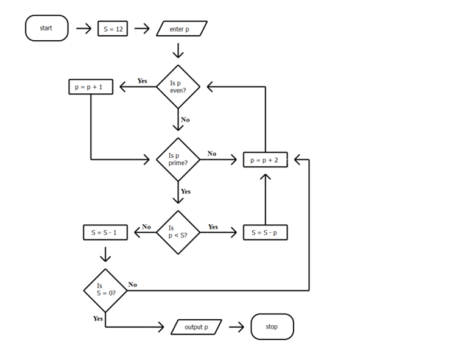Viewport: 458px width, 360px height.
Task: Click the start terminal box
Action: pos(46,28)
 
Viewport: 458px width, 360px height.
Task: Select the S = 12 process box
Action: pos(113,29)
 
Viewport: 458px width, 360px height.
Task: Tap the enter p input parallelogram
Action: pos(181,29)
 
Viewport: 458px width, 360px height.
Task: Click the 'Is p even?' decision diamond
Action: pos(178,87)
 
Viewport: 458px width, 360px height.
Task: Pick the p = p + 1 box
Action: pos(90,87)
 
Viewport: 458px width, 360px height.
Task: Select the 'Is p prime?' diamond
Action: pos(178,160)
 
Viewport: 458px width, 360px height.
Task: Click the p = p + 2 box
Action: pos(265,160)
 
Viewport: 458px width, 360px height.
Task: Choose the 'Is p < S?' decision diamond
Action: pos(178,232)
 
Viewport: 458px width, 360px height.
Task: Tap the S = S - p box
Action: pos(265,232)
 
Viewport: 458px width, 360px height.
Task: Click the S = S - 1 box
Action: pos(105,232)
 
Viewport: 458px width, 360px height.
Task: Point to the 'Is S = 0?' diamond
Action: pos(105,290)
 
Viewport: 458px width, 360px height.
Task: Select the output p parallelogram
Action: pos(196,327)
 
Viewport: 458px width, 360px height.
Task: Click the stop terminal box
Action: pos(272,327)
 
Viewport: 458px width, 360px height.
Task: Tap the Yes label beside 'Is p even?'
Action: pos(142,81)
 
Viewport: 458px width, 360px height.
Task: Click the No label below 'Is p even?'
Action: pos(185,120)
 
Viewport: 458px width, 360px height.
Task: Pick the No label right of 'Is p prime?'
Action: pos(211,154)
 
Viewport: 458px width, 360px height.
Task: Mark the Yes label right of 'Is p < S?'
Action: pos(213,227)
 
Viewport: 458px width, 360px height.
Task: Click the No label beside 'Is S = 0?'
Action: pos(132,284)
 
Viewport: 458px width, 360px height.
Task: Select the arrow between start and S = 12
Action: pos(83,29)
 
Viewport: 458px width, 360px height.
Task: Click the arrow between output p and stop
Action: pos(236,327)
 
